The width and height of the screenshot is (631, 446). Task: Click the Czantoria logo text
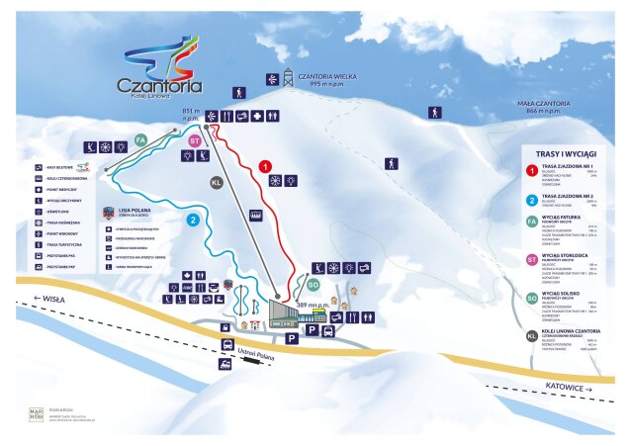click(160, 84)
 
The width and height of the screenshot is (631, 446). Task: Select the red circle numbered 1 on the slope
click(266, 167)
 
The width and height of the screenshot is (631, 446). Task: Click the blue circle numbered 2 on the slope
click(193, 220)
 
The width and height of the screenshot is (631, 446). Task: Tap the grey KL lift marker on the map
click(218, 182)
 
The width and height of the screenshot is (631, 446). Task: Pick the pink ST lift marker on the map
click(195, 140)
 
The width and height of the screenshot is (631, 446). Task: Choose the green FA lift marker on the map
click(141, 139)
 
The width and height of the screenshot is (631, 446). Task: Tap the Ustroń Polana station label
click(259, 350)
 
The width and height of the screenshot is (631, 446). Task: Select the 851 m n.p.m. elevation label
click(192, 117)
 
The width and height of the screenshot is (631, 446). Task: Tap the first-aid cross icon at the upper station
click(258, 117)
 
